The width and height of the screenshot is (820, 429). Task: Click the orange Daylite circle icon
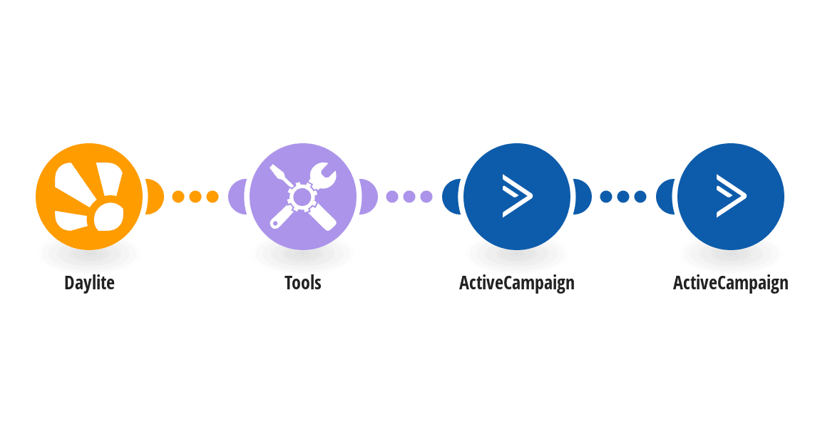[x=89, y=197]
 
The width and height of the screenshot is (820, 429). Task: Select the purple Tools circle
[x=303, y=197]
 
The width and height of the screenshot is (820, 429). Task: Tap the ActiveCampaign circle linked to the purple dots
[x=517, y=197]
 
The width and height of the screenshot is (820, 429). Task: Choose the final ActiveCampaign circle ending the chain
[x=731, y=197]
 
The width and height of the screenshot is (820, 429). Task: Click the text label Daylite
[x=89, y=283]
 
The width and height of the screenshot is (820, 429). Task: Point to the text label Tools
[x=303, y=283]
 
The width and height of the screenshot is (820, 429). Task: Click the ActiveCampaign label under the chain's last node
[x=731, y=283]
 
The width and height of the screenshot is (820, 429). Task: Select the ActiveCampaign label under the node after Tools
[x=517, y=283]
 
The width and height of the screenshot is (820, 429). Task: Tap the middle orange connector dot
[x=195, y=197]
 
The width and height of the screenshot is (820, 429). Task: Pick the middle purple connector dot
[x=409, y=197]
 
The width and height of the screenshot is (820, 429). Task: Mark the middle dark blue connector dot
[x=623, y=197]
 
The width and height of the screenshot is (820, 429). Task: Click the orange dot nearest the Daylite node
[x=178, y=197]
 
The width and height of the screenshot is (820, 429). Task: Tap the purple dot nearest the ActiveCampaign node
[x=426, y=197]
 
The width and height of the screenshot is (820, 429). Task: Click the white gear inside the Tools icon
[x=302, y=197]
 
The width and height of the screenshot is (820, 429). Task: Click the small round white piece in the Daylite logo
[x=108, y=217]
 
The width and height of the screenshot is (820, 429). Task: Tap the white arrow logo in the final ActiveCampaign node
[x=731, y=196]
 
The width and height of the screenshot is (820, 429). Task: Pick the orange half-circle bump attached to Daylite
[x=154, y=197]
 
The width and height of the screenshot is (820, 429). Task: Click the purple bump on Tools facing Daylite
[x=237, y=197]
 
